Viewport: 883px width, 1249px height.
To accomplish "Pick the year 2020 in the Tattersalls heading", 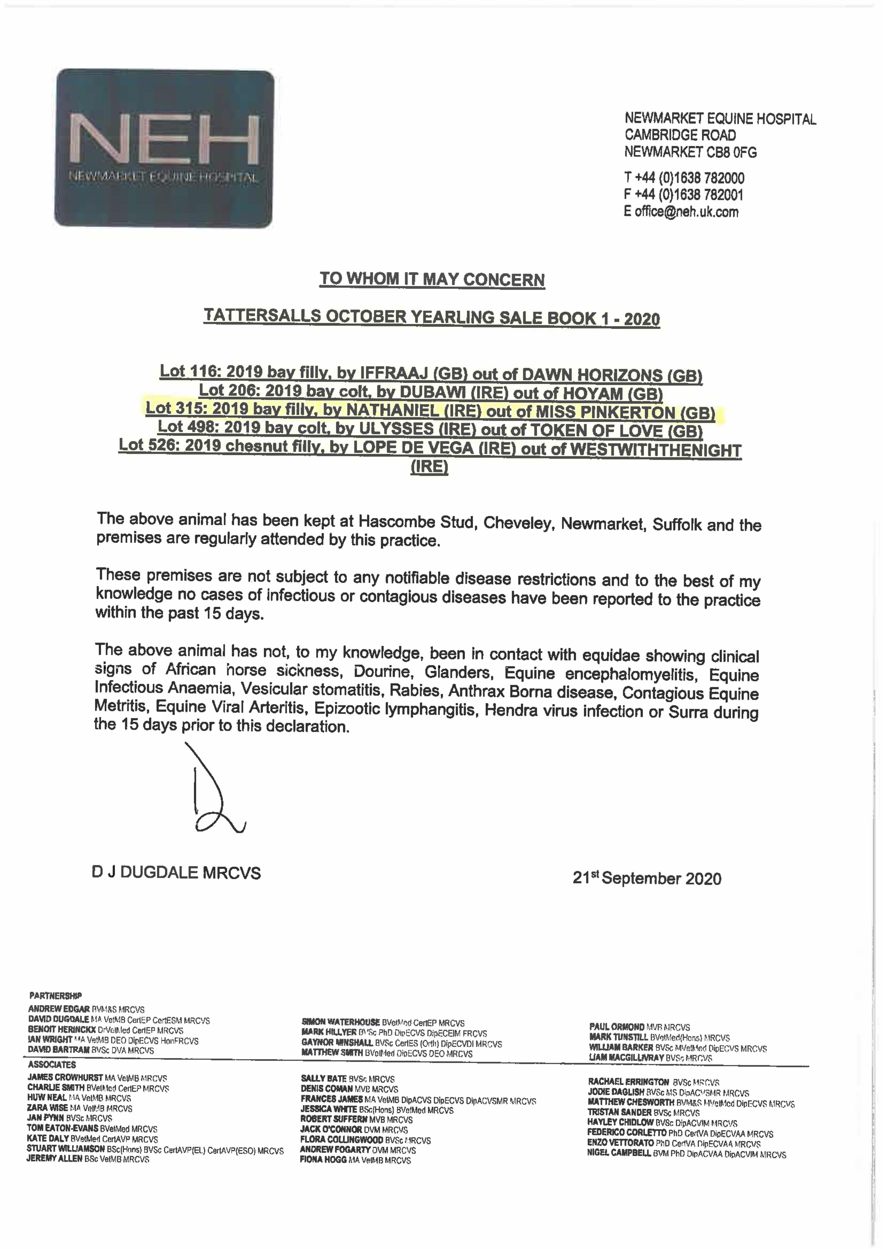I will click(x=642, y=319).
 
